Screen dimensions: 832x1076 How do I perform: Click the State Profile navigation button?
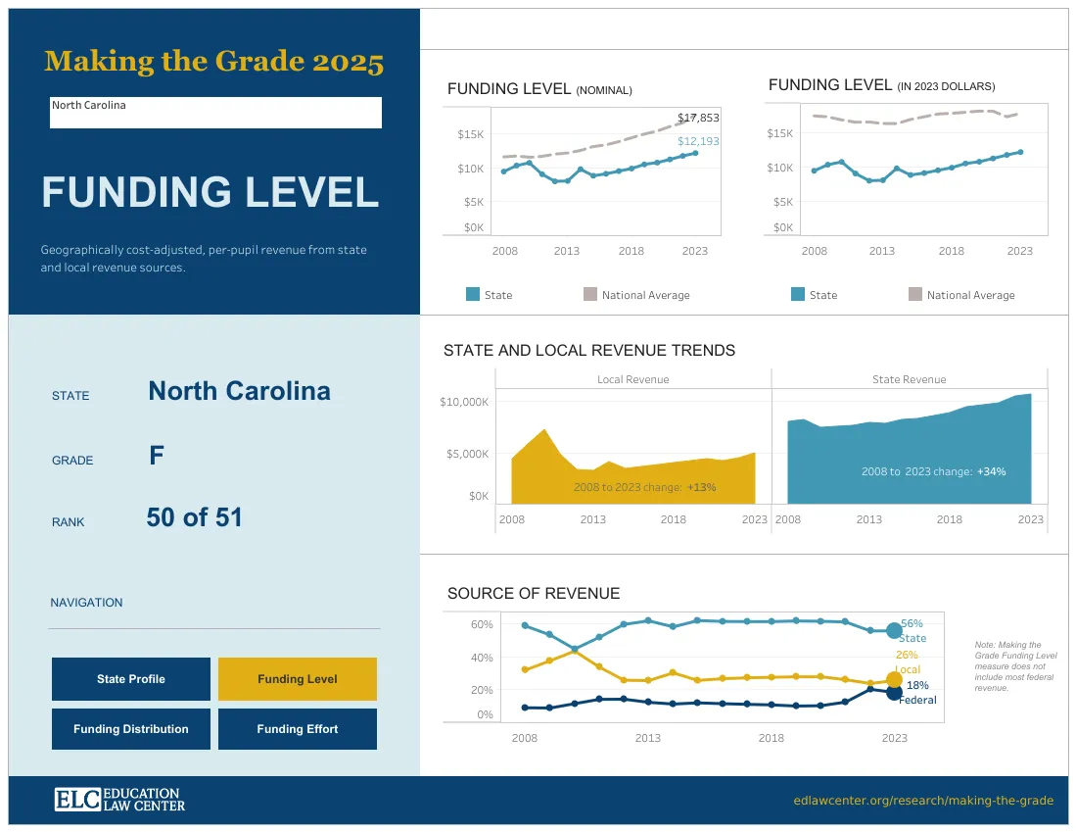click(x=130, y=679)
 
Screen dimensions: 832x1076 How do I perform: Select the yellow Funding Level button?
click(x=297, y=679)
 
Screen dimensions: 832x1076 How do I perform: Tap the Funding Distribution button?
click(x=130, y=729)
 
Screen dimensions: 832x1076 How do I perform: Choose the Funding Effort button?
click(x=297, y=729)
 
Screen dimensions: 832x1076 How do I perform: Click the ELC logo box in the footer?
click(x=77, y=800)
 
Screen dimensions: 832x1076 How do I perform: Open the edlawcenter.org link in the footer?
click(x=923, y=801)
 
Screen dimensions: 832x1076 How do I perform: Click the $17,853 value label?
click(x=698, y=118)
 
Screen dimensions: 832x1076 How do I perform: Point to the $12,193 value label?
click(x=698, y=141)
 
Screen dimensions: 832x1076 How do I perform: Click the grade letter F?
click(x=157, y=456)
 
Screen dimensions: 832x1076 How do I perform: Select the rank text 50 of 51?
click(x=194, y=517)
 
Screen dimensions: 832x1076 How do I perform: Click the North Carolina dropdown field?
click(x=215, y=112)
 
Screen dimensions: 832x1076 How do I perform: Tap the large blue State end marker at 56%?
click(x=893, y=631)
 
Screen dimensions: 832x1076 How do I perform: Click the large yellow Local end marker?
click(x=893, y=679)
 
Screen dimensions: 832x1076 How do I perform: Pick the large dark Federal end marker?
click(x=893, y=692)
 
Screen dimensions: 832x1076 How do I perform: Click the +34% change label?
click(x=990, y=471)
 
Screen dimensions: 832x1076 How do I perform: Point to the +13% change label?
click(x=701, y=487)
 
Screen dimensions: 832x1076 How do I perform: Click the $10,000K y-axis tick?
click(x=464, y=402)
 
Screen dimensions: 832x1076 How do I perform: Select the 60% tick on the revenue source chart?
click(x=482, y=624)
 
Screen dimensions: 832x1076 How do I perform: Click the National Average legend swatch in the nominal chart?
click(x=589, y=294)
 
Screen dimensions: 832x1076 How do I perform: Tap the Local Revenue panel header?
click(x=632, y=379)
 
